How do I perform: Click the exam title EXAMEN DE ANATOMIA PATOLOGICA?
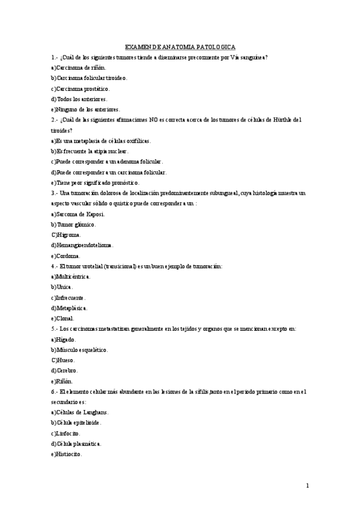[180, 46]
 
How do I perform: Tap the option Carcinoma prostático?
[81, 88]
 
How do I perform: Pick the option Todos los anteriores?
[79, 99]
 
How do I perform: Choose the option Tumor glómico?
[73, 224]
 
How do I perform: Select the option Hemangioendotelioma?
[82, 245]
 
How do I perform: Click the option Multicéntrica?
[71, 277]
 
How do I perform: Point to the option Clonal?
[63, 318]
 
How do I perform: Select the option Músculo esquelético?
[79, 349]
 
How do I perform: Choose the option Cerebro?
[64, 370]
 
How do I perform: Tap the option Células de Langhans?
[80, 412]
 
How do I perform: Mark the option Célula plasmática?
[76, 444]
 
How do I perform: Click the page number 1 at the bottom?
[307, 485]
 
